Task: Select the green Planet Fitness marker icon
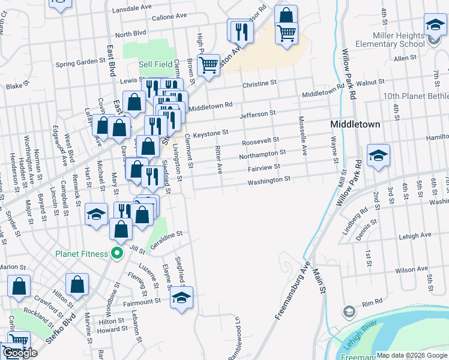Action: coord(116,253)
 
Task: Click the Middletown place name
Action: coord(355,124)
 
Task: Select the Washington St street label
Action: coord(269,179)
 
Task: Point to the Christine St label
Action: coord(259,83)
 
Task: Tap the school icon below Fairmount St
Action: coord(181,298)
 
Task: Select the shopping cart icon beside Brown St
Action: coord(208,64)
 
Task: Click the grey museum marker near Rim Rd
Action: coord(349,311)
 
